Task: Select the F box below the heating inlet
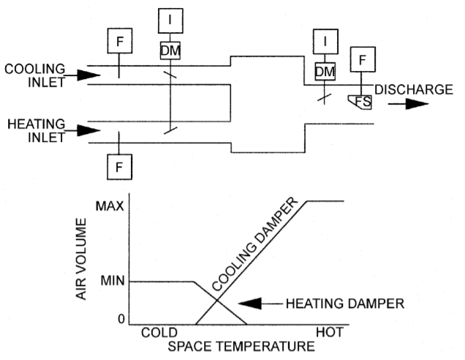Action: tap(120, 168)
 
